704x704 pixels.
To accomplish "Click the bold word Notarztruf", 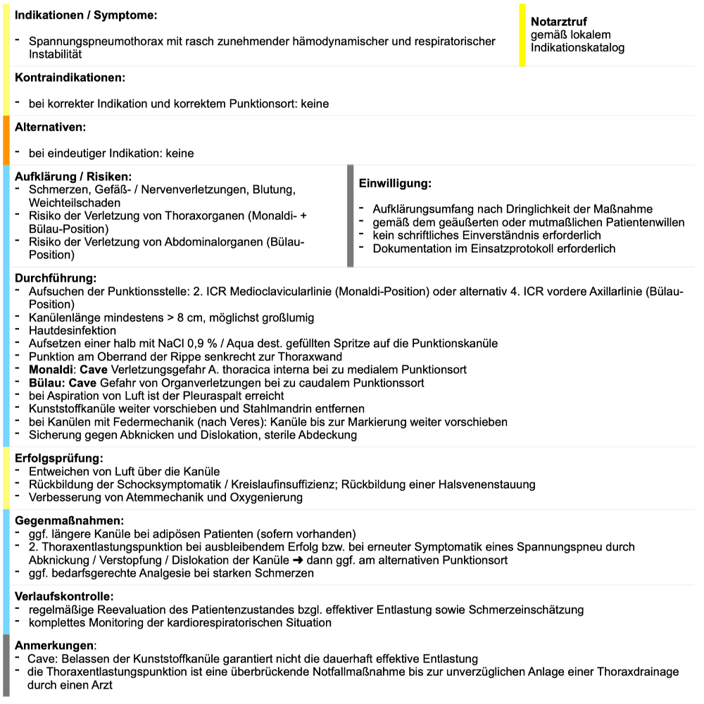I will [x=558, y=22].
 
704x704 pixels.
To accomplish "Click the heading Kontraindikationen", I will [x=70, y=77].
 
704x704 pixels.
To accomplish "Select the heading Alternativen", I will [x=50, y=127].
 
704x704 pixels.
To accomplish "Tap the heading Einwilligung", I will [x=394, y=183].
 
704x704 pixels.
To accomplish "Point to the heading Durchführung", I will [x=55, y=278].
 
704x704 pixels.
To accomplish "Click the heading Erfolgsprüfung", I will [x=58, y=458].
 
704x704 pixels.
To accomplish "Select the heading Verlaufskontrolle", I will [x=64, y=596].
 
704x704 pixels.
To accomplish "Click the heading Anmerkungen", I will [x=54, y=646].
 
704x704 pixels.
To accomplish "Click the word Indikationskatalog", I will [x=577, y=48].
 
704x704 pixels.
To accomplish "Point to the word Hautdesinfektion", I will [x=73, y=330].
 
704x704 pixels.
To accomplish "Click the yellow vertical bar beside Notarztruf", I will [x=522, y=35].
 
